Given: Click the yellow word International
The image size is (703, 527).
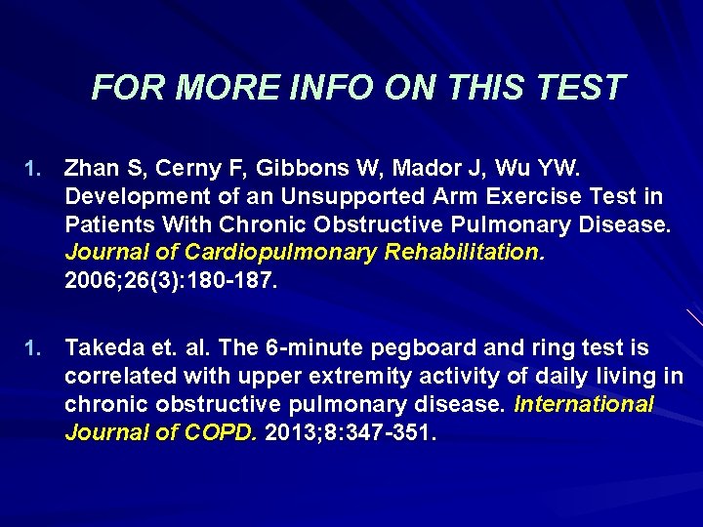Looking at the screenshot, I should click(x=584, y=403).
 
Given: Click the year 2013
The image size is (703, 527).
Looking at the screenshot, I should click(x=290, y=431).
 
